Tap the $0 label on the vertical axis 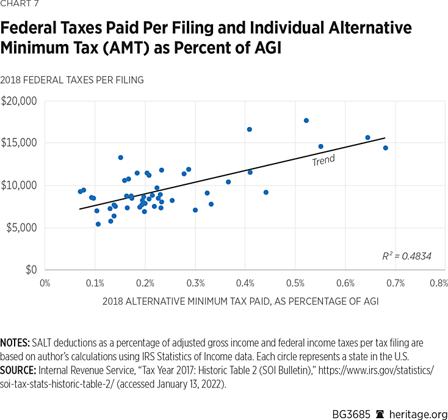[x=30, y=270]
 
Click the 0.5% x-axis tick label [x=295, y=283]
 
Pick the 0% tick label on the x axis [x=45, y=283]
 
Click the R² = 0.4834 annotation [x=406, y=256]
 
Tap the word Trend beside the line [x=323, y=161]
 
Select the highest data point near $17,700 [x=306, y=120]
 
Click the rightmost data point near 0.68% [x=385, y=148]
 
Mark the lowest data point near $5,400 [x=98, y=224]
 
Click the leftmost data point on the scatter [x=80, y=191]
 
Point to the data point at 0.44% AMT [x=266, y=192]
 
